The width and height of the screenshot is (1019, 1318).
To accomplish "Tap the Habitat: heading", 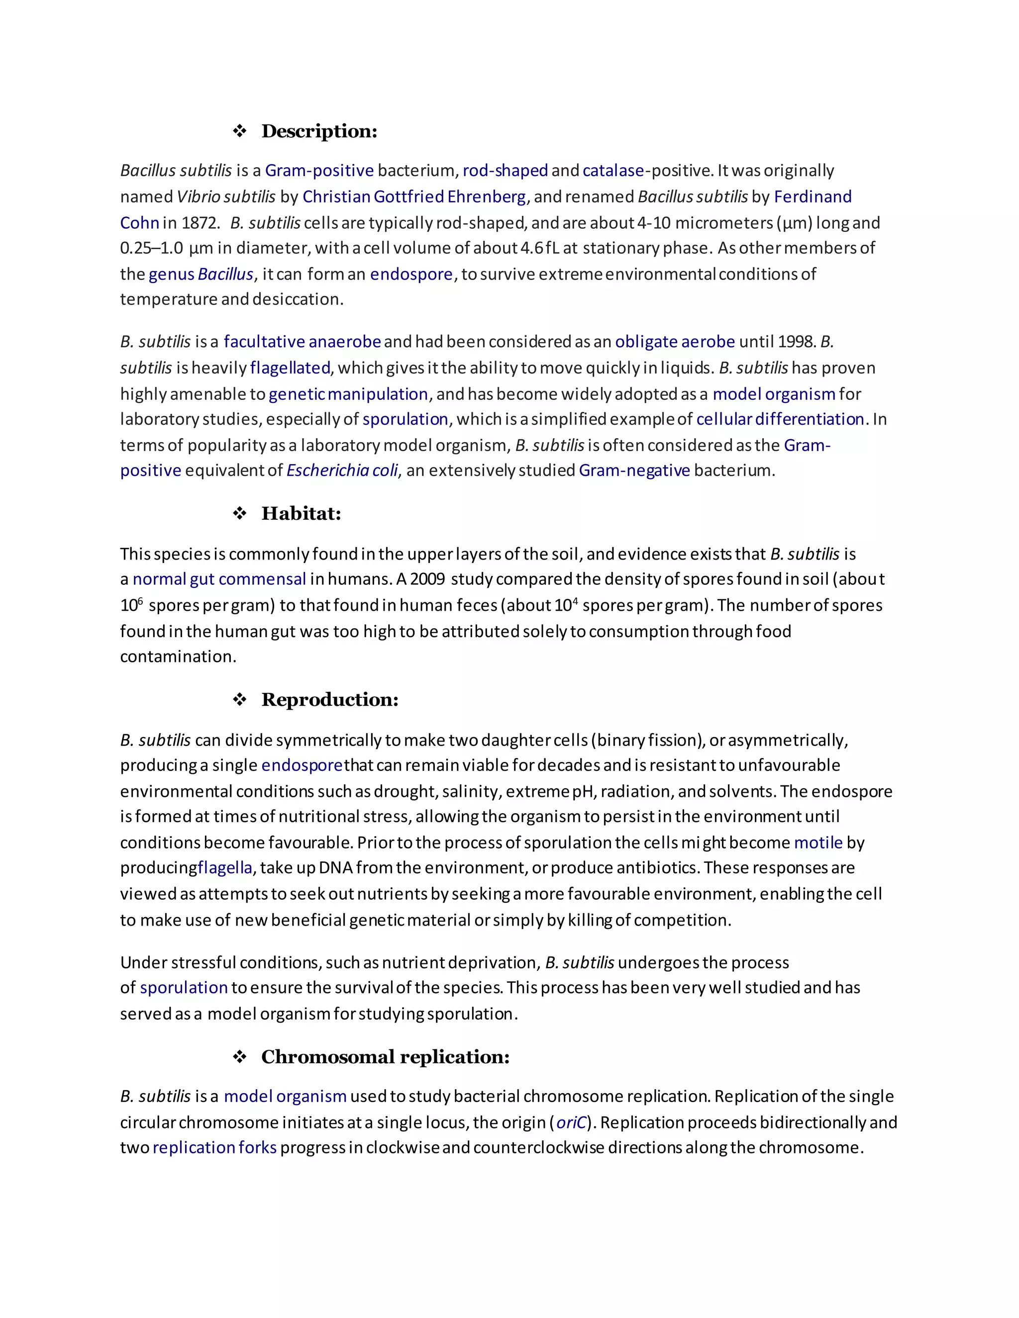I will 301,514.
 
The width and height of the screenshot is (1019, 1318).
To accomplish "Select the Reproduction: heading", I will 329,700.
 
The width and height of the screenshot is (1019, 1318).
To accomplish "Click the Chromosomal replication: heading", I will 385,1057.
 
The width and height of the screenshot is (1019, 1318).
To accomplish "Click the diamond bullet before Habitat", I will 240,514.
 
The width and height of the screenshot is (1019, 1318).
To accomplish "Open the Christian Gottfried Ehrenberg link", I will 414,197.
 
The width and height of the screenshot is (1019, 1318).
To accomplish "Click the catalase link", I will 612,171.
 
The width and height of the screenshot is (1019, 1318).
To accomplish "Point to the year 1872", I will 198,223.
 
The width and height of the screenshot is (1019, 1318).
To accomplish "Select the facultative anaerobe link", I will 302,342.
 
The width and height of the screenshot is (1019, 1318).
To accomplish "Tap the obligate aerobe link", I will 674,342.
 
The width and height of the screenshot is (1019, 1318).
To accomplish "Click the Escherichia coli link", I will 342,471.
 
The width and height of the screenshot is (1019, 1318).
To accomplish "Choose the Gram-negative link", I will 634,471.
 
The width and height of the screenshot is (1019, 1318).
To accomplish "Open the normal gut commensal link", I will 219,579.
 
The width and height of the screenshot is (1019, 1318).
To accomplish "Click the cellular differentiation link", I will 780,419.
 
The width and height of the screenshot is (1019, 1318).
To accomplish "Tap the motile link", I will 818,843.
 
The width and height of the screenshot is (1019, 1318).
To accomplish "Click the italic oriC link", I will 571,1123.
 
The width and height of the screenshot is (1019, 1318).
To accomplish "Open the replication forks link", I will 214,1148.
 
